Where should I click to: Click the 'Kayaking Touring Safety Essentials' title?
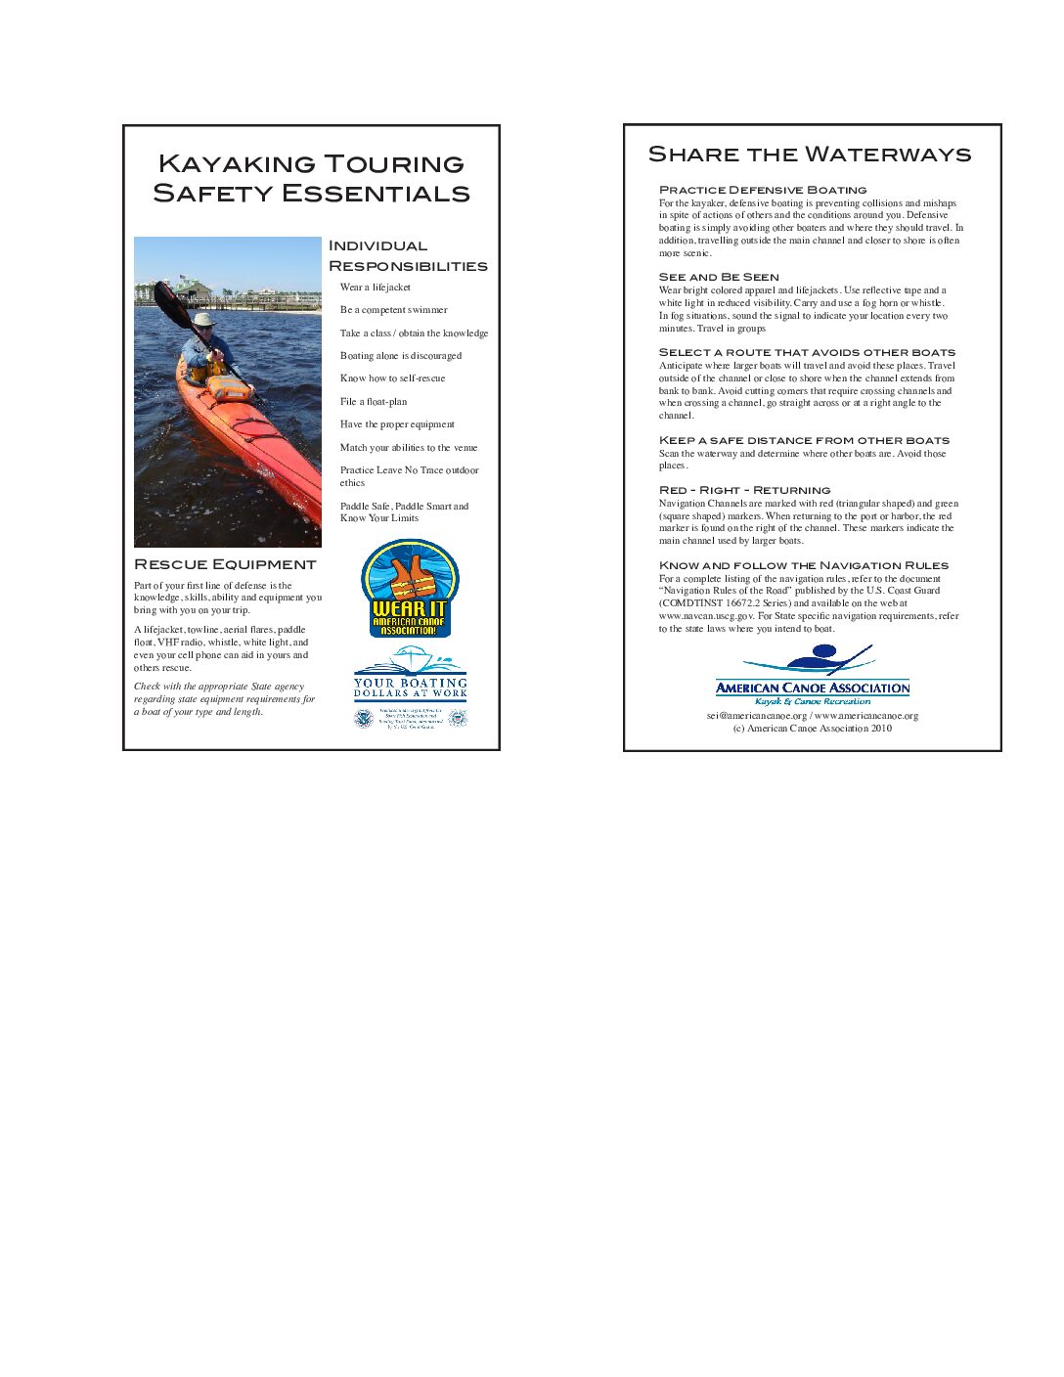311,178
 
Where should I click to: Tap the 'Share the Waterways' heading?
810,155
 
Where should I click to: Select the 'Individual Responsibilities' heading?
407,255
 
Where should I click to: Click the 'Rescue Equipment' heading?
225,564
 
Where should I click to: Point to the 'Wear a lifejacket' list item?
375,288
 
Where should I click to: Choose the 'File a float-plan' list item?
374,402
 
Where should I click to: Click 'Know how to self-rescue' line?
392,378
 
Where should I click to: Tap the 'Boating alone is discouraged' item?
400,356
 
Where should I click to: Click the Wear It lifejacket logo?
410,589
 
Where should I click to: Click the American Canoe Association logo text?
812,688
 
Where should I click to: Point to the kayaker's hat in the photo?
203,319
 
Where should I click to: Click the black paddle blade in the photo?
166,299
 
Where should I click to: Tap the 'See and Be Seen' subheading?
719,278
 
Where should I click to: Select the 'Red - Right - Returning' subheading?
744,490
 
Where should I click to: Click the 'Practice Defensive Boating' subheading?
763,190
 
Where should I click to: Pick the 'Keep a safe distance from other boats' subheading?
804,440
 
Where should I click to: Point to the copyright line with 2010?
812,729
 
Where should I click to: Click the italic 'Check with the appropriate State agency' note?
225,699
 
